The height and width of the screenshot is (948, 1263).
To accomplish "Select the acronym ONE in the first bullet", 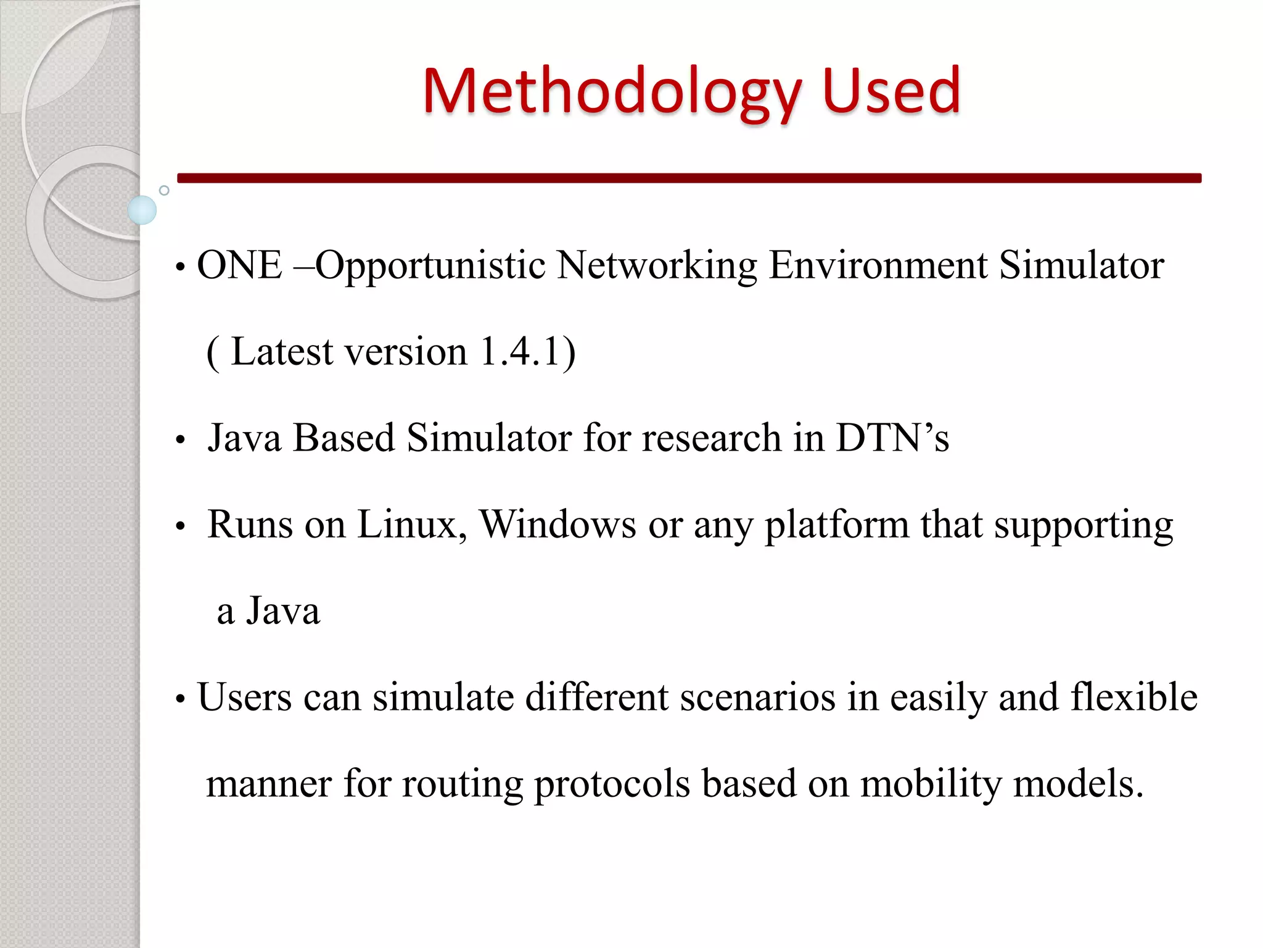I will coord(239,265).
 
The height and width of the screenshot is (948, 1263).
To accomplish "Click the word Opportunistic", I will coord(430,267).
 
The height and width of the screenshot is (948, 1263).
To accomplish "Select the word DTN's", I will coord(892,438).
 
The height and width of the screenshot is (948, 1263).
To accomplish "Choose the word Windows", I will coord(557,525).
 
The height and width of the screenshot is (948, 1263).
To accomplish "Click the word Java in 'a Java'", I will coord(283,611).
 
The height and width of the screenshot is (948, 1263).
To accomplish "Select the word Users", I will coord(244,697).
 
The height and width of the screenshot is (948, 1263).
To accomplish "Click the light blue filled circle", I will coord(142,210).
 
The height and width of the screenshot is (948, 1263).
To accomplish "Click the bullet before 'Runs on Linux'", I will coord(180,526).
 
